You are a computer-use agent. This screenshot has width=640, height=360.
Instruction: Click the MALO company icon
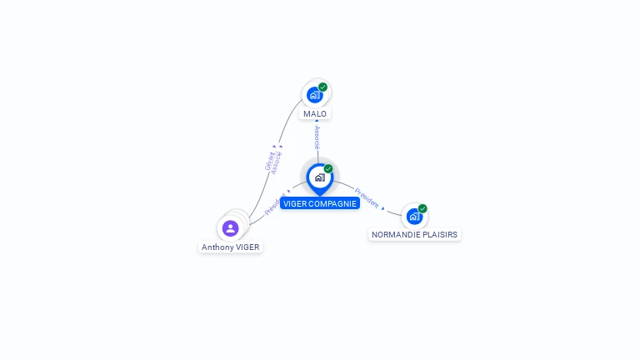click(314, 94)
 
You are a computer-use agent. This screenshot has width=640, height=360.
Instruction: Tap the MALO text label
click(315, 113)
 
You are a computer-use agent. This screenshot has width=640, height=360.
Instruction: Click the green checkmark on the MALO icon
click(323, 87)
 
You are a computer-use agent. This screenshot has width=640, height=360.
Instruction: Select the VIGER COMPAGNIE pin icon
click(319, 177)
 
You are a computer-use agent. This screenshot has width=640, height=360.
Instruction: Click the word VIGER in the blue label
click(295, 203)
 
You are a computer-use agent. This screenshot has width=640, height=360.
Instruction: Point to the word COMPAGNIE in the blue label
click(332, 203)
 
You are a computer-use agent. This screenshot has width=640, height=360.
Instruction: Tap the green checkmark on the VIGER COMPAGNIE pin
click(328, 169)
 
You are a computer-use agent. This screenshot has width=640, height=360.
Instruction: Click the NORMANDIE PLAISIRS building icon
click(414, 217)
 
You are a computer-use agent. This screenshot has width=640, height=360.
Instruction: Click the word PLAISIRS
click(440, 235)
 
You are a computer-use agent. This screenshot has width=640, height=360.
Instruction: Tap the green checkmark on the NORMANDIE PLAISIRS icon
click(422, 208)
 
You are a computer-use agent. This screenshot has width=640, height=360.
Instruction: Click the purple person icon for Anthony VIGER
click(231, 227)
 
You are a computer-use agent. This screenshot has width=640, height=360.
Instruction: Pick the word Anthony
click(217, 247)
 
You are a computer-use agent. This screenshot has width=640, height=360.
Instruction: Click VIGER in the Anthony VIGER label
click(247, 247)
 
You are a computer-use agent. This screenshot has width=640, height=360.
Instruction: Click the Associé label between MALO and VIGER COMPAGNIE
click(317, 137)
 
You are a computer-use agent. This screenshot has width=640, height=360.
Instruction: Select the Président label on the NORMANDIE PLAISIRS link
click(367, 197)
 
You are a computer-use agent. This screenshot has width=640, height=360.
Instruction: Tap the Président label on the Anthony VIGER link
click(274, 205)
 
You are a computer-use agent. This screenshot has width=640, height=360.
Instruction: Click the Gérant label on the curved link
click(269, 161)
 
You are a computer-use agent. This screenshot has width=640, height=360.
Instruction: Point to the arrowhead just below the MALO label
click(317, 122)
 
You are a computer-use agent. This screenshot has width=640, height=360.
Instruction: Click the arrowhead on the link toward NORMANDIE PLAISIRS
click(383, 207)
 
